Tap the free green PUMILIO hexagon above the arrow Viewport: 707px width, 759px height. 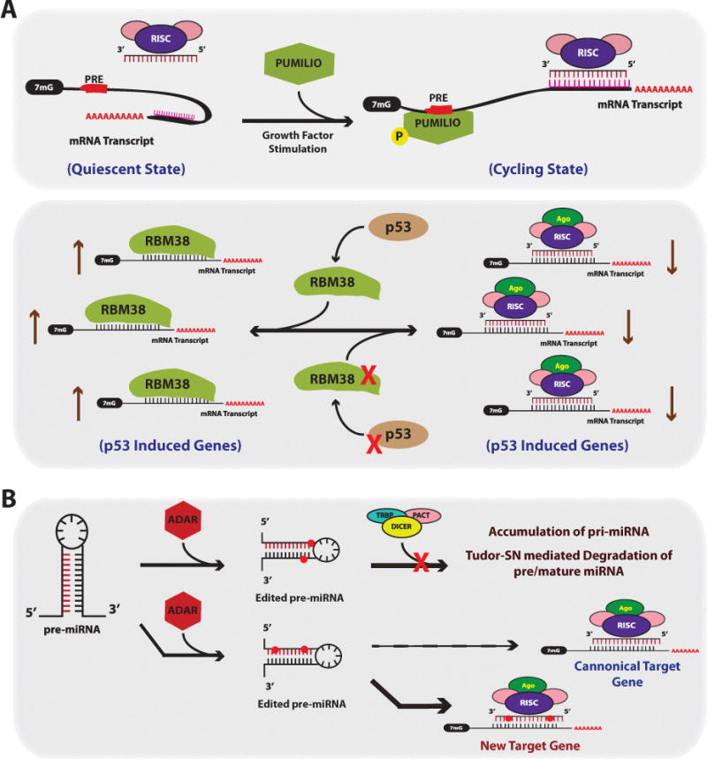[x=289, y=70]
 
